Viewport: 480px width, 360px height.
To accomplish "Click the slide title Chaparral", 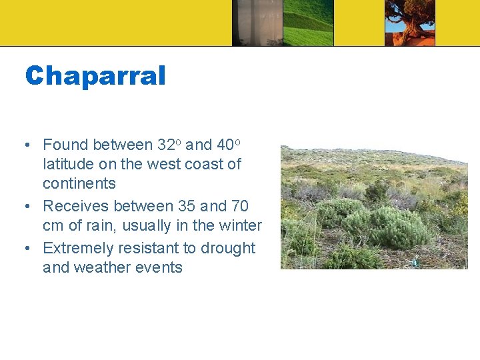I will (95, 76).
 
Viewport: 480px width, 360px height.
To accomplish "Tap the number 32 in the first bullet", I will (165, 145).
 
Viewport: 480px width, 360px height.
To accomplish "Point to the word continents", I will (79, 183).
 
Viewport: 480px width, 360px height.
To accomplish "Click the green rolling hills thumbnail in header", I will (308, 23).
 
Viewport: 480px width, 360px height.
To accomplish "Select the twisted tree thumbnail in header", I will (410, 23).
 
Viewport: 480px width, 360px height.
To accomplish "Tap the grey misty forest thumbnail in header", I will (257, 23).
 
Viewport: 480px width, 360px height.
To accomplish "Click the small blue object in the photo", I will (415, 263).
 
